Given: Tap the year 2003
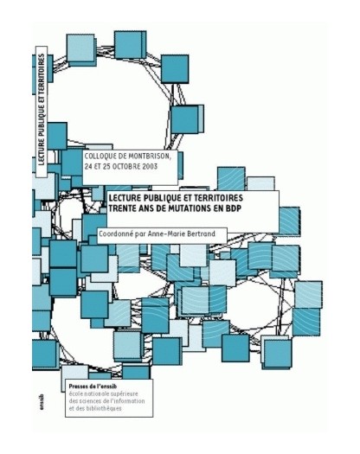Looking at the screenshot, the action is (x=149, y=167).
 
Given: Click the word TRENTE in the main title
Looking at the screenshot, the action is (x=119, y=208).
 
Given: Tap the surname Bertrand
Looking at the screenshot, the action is (x=200, y=233).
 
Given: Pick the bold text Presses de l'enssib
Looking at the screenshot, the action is (x=93, y=387).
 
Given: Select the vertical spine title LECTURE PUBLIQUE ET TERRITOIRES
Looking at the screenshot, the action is (x=42, y=110).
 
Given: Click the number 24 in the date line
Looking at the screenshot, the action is (x=87, y=167).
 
